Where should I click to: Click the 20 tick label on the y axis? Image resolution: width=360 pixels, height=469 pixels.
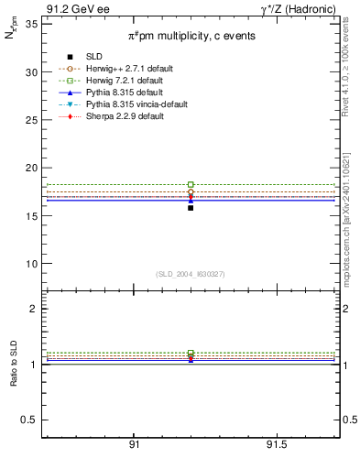click(32, 168)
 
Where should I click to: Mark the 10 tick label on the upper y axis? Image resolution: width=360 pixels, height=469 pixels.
click(32, 264)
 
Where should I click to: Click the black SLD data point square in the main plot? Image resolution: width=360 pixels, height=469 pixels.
click(191, 208)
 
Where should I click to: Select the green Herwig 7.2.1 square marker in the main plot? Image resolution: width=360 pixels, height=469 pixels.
click(191, 184)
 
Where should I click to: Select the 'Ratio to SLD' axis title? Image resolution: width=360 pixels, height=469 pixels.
click(12, 365)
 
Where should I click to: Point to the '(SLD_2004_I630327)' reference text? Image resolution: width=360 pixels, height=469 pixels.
click(191, 274)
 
